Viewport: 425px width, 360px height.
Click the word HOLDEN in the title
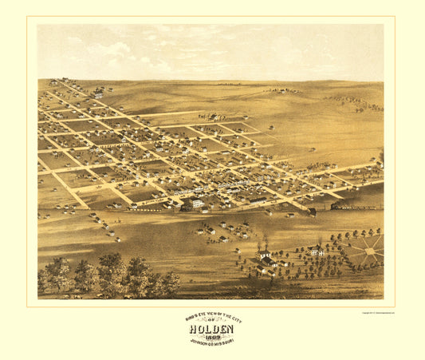tap(212, 328)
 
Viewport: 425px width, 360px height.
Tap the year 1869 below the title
tap(212, 336)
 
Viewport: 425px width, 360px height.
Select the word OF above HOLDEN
tap(212, 321)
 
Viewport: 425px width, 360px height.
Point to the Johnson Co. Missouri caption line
tap(212, 342)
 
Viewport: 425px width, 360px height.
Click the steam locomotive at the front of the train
tap(313, 212)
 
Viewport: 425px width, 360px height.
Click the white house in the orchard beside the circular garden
tap(317, 251)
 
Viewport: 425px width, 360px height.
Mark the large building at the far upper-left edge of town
tap(96, 93)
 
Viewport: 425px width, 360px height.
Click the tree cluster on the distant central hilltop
tap(281, 90)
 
